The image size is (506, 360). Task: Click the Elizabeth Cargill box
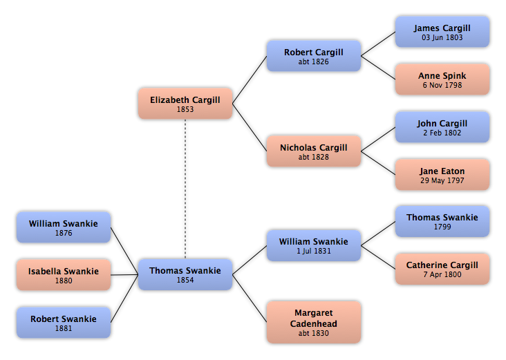tap(185, 104)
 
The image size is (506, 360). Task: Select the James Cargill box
tap(442, 32)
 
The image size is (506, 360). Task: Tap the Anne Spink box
tap(442, 79)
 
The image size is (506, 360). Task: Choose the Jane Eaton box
tap(442, 175)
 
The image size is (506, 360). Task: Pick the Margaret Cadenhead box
tap(314, 322)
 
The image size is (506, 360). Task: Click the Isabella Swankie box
tap(64, 275)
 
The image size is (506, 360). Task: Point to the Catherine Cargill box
tap(442, 269)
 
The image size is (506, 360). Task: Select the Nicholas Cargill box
tap(314, 151)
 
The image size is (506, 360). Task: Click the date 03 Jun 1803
tap(442, 37)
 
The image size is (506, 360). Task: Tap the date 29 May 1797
tap(442, 180)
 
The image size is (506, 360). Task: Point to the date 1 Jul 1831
tap(314, 251)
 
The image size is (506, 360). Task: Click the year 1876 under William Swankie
tap(64, 233)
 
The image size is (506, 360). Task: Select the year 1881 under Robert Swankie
tap(64, 328)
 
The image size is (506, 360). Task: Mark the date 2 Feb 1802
tap(442, 133)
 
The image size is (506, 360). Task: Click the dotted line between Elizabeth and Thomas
tap(185, 189)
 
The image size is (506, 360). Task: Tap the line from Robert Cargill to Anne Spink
tap(378, 68)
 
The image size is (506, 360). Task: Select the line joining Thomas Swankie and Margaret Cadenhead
tap(250, 299)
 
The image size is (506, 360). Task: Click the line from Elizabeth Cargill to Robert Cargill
tap(250, 80)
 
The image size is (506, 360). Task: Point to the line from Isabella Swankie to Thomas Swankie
tap(124, 275)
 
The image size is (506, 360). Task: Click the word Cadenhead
tap(314, 323)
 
